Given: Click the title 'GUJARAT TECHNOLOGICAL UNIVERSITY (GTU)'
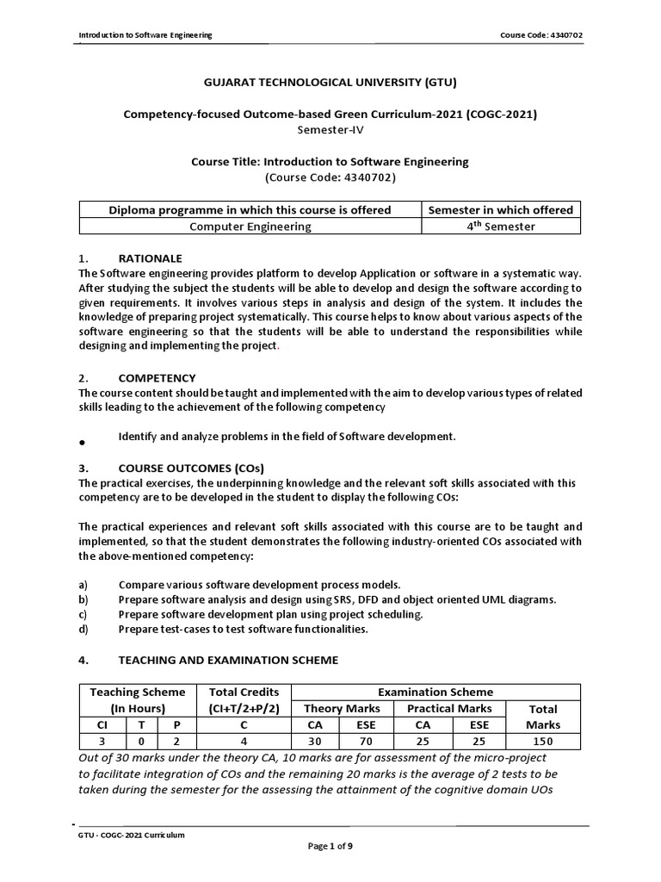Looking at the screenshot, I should [x=330, y=83].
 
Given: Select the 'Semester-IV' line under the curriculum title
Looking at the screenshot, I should [x=330, y=129].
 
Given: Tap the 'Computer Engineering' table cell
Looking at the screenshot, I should [x=250, y=227].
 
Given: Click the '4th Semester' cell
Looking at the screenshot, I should [x=501, y=227].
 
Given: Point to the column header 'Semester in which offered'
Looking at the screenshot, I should [x=501, y=210].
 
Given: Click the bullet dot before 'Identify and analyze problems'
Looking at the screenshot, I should [x=81, y=442].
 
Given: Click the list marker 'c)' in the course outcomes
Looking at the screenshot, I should [x=83, y=614].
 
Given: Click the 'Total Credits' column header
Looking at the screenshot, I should [x=244, y=692].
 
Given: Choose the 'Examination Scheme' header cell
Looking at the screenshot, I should [x=436, y=692].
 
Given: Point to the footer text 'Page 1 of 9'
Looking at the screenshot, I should [x=330, y=847].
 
